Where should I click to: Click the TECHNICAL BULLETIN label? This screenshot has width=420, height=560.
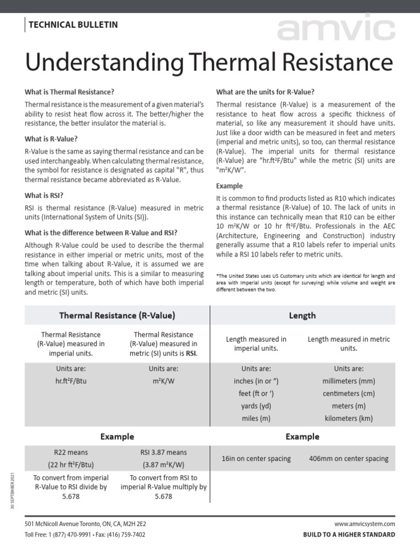(73, 25)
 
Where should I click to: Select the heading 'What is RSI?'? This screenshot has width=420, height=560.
(48, 195)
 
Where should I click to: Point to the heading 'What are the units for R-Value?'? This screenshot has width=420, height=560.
(265, 91)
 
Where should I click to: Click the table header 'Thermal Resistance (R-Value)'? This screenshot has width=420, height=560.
(117, 316)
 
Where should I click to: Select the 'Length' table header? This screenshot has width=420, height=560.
(302, 316)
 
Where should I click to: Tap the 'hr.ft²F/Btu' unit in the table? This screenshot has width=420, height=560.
(71, 381)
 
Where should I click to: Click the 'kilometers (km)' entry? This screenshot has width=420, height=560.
(348, 418)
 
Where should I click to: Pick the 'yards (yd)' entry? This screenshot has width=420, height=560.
(256, 406)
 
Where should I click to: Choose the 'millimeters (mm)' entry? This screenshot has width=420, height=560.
(348, 381)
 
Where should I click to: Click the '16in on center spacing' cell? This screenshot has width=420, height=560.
(256, 459)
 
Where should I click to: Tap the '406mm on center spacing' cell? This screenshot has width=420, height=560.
(348, 459)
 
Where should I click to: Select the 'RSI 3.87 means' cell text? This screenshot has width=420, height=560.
(164, 453)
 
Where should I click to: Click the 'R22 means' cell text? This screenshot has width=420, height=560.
(71, 453)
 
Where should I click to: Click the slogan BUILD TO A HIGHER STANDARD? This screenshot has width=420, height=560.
(349, 534)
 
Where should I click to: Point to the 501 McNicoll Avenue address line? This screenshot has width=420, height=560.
(85, 524)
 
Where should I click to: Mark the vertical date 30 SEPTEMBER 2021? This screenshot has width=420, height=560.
(12, 491)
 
